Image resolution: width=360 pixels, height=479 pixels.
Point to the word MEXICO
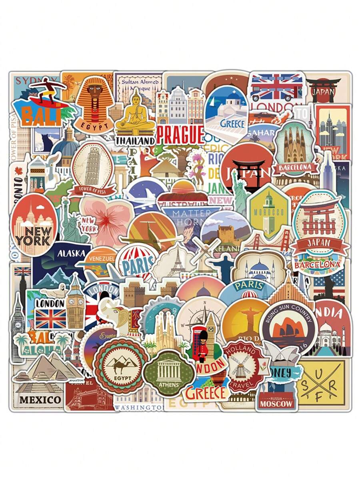[40, 399]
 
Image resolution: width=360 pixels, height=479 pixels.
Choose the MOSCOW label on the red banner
[276, 404]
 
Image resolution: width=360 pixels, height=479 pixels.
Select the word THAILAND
[135, 141]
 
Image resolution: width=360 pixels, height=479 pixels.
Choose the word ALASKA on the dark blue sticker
[71, 253]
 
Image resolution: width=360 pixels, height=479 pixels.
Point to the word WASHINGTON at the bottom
[139, 407]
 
